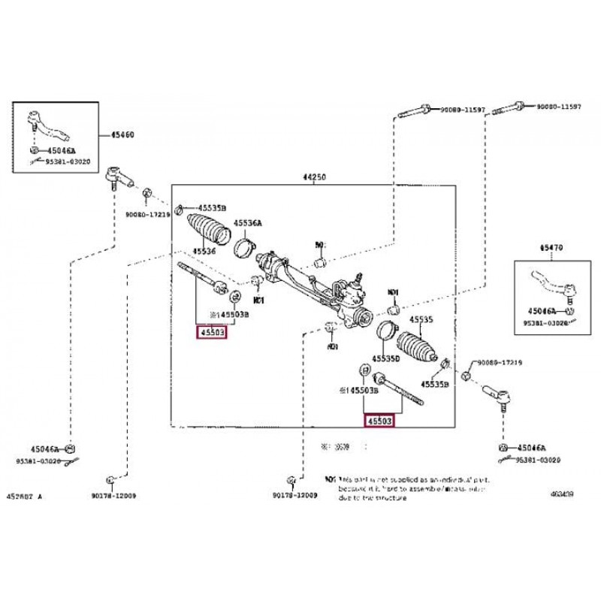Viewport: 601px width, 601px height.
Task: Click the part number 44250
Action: coord(314,177)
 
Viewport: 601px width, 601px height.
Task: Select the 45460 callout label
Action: coord(122,135)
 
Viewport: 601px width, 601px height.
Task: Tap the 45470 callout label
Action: coord(551,247)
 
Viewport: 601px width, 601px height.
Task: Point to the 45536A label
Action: coord(247,223)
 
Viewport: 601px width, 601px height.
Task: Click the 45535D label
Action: coord(388,360)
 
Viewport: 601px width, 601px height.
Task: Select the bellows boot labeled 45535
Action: coord(418,345)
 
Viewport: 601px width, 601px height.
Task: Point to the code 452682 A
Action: coord(25,497)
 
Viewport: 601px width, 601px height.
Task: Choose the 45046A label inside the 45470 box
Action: coord(542,310)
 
